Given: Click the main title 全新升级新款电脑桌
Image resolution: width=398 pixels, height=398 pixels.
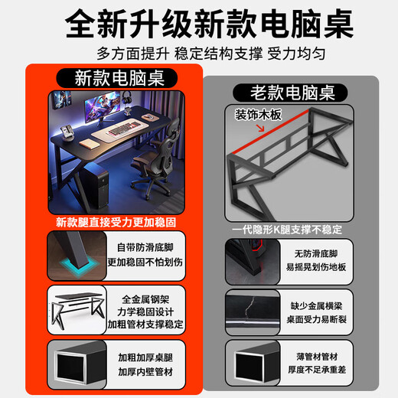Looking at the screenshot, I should click(199, 25).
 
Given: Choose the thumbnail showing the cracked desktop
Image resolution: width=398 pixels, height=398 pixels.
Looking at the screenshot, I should click(250, 309).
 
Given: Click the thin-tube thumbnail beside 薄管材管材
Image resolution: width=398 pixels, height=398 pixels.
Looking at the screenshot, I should click(250, 362).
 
